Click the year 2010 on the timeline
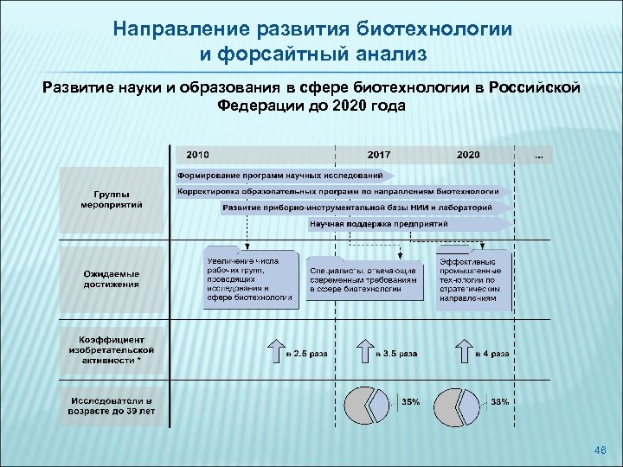(x=196, y=155)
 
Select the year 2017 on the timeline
(x=378, y=155)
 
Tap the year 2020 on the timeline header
(x=468, y=155)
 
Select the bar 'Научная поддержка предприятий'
(x=379, y=224)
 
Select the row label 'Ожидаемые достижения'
(x=112, y=279)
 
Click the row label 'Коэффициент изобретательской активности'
(x=112, y=349)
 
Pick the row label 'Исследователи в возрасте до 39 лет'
(x=112, y=406)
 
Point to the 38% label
(x=501, y=402)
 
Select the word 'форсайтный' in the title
(x=290, y=55)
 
